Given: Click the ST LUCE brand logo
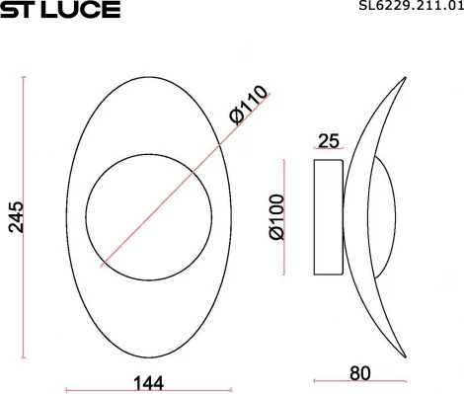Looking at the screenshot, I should click(x=60, y=10).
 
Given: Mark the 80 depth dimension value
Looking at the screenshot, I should click(x=359, y=373).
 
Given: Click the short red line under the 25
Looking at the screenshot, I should click(x=329, y=151).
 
